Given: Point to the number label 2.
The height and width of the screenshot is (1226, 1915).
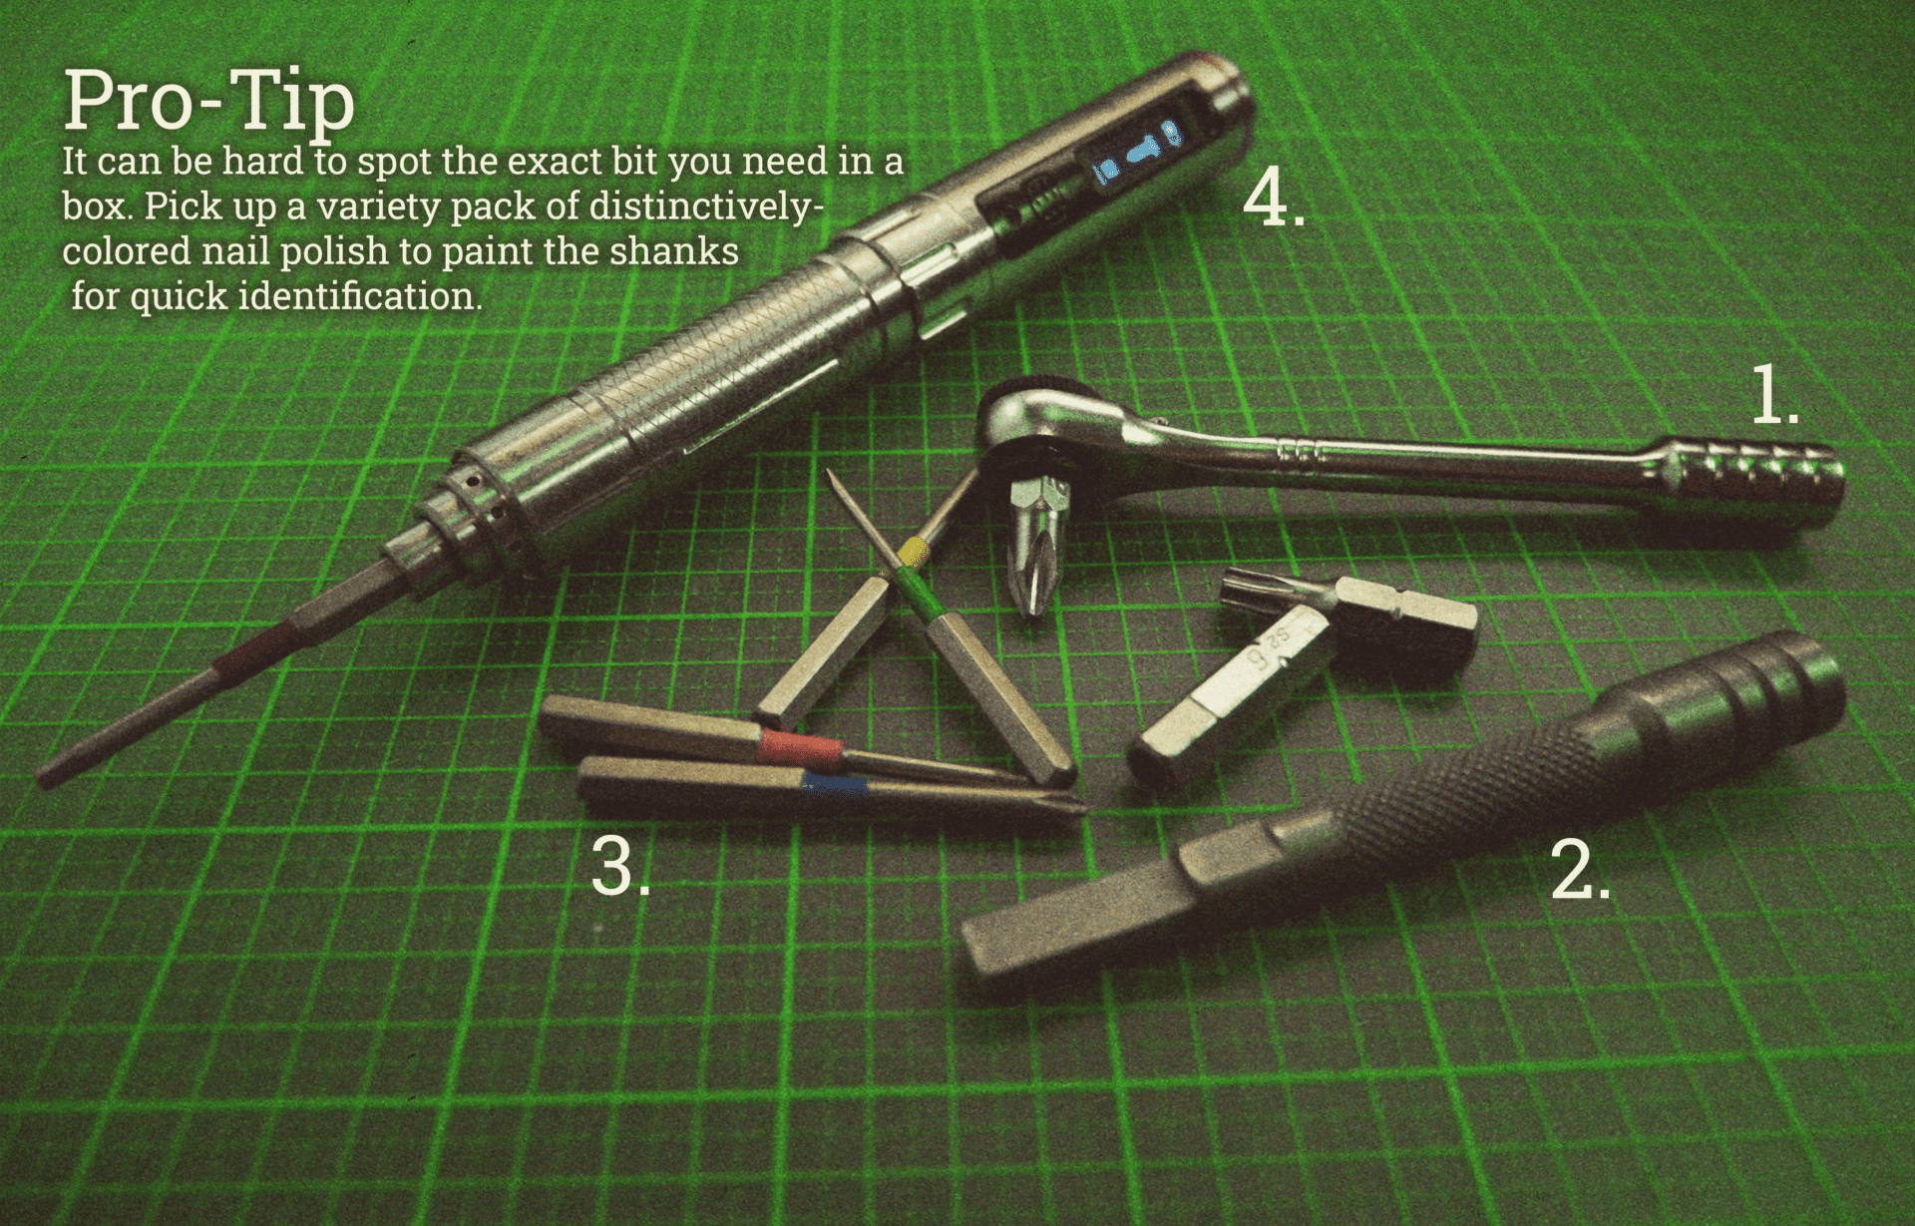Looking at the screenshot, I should (1581, 870).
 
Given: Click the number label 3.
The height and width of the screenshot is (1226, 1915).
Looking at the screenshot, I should (620, 866).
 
